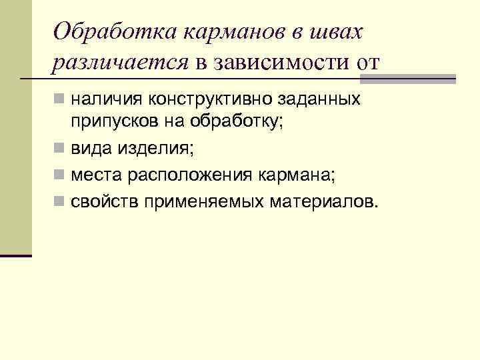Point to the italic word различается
[x=121, y=63]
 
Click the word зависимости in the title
[x=279, y=63]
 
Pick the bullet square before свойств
[x=60, y=201]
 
